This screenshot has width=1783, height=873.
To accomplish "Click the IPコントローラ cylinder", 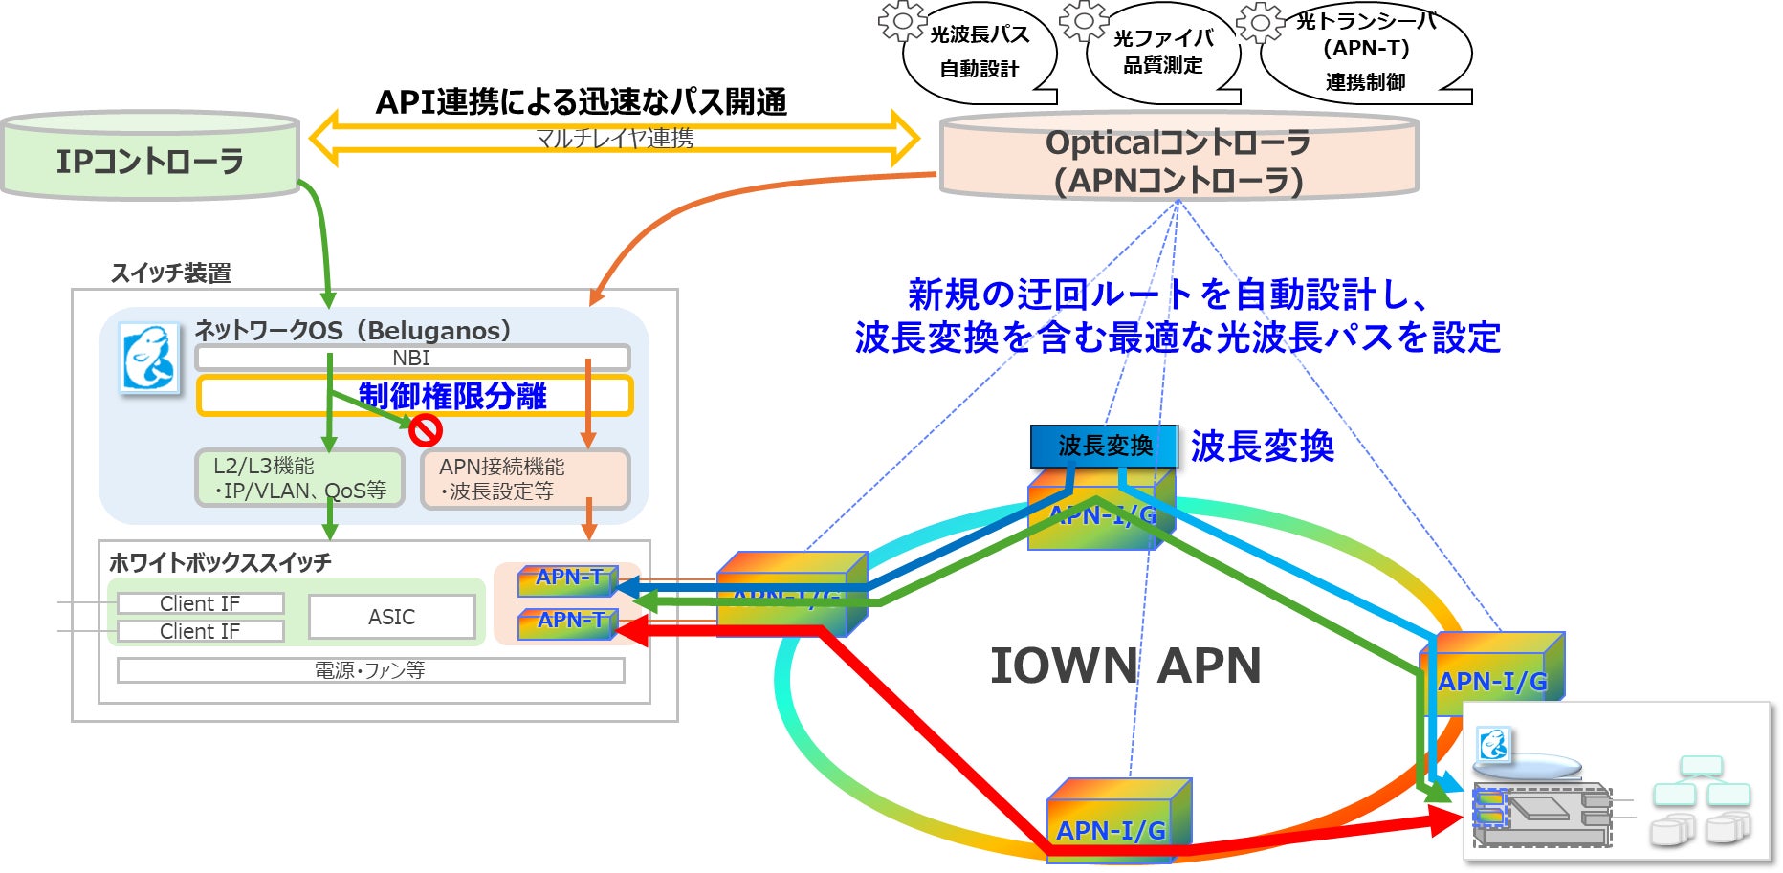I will tap(150, 159).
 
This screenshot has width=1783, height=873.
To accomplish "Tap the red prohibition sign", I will tap(425, 429).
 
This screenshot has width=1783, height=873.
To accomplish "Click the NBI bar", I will tap(412, 358).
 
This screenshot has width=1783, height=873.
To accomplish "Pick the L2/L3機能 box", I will tap(299, 478).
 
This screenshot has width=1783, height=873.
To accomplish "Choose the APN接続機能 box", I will tap(525, 479).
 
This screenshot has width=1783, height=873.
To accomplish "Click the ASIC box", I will tap(392, 617).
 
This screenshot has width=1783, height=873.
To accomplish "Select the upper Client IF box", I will tap(200, 603).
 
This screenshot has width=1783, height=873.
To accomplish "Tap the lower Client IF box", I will tap(200, 631).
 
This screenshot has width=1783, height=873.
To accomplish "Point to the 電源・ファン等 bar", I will tap(370, 670).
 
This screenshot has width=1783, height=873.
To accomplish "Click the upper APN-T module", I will tap(568, 578).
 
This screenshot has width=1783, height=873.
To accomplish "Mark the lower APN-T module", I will tap(568, 622).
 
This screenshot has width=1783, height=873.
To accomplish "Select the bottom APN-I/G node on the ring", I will tap(1114, 821).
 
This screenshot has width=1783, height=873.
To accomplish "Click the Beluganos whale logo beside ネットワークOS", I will tap(148, 360).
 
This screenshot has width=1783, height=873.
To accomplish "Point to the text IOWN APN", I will tap(1125, 666).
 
